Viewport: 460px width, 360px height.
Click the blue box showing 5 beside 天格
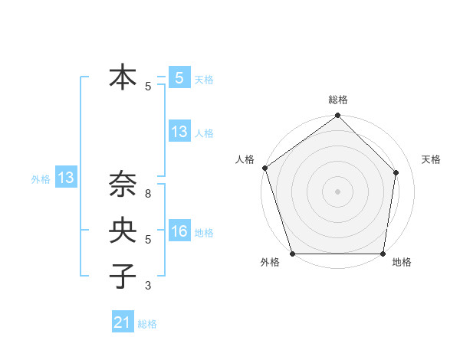click(x=179, y=78)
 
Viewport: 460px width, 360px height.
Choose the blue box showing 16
click(x=179, y=232)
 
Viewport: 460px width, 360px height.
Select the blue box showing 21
click(x=123, y=322)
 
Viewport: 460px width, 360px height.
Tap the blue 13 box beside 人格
click(x=179, y=132)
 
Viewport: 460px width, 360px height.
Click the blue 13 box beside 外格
click(x=66, y=178)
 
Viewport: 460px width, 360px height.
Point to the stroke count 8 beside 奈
click(x=148, y=195)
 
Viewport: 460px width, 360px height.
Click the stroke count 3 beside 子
click(x=148, y=286)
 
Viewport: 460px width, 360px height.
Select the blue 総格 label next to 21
click(x=147, y=324)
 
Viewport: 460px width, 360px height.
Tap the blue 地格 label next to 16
click(x=204, y=233)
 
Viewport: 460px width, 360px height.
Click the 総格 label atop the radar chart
click(x=338, y=100)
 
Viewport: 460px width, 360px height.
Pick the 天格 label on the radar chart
click(x=431, y=159)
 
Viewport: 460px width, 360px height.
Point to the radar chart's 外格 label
click(x=270, y=262)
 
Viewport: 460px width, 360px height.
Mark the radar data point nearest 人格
click(x=264, y=168)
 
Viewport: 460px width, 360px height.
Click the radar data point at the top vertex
click(x=338, y=116)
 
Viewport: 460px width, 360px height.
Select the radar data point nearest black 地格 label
click(x=383, y=254)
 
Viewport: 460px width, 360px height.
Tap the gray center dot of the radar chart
click(x=338, y=191)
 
